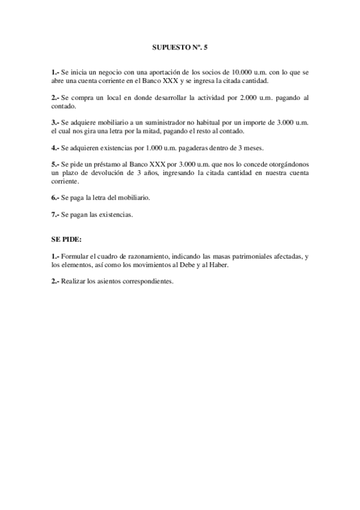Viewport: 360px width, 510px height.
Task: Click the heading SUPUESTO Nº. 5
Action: click(x=180, y=46)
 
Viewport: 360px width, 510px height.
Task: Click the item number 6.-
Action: click(x=55, y=197)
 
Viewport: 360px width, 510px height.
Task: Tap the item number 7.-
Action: click(x=55, y=214)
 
